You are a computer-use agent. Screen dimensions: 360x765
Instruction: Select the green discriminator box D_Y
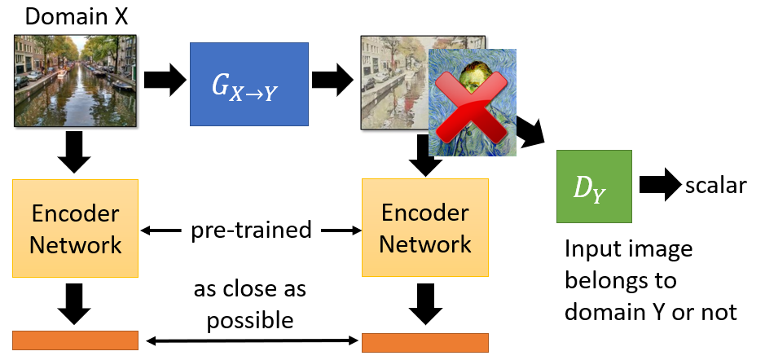coord(594,187)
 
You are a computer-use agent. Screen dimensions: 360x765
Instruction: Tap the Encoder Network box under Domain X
coord(77,228)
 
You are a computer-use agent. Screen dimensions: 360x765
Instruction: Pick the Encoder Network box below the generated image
coord(424,228)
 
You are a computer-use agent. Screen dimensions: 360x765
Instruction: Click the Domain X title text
coord(77,15)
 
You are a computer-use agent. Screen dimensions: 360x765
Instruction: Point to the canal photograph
coord(75,81)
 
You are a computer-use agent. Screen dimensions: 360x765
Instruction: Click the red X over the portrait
coord(472,104)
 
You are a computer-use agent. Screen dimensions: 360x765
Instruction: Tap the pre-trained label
coord(250,230)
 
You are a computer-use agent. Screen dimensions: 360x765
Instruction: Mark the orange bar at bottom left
coord(75,340)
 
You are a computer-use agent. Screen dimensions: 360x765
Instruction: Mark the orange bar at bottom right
coord(424,341)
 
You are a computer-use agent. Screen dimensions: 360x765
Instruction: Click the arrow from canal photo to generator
coord(163,81)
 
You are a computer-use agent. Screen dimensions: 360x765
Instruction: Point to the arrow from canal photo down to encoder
coord(75,152)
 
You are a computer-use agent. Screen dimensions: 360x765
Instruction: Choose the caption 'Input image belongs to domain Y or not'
coord(652,280)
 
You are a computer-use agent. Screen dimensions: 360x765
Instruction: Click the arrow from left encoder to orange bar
coord(75,304)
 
